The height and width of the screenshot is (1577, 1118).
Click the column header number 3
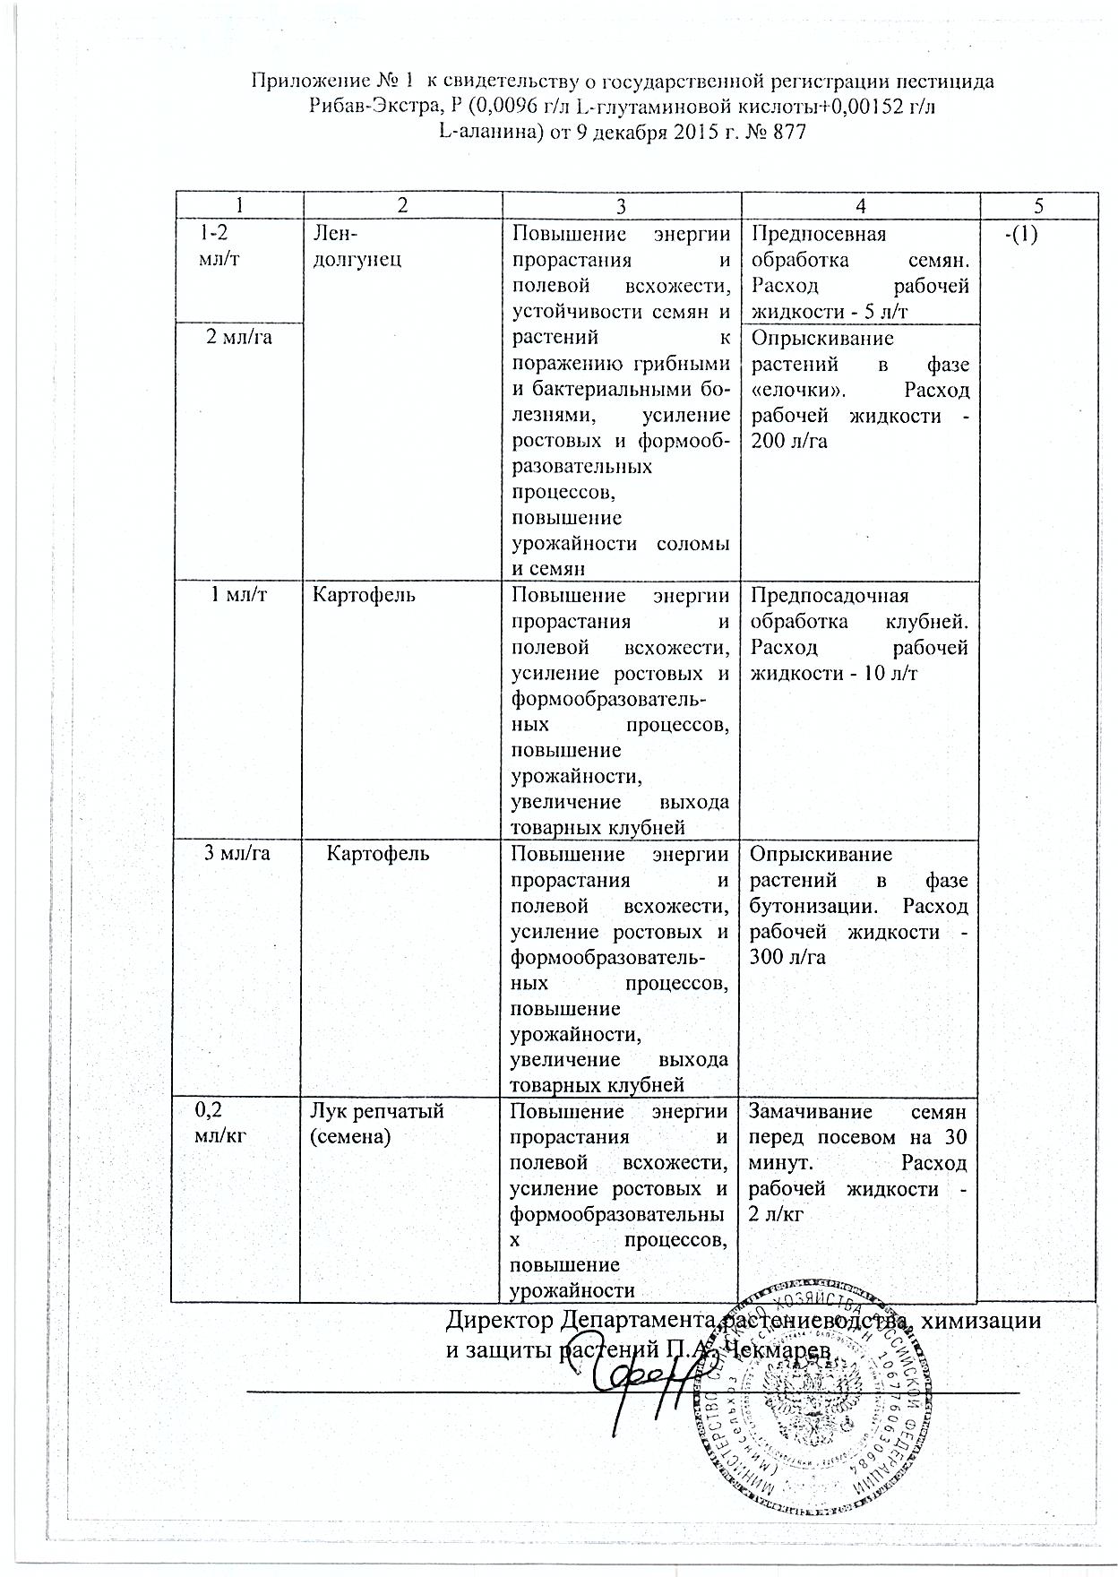tap(618, 205)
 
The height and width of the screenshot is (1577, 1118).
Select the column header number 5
tap(1038, 205)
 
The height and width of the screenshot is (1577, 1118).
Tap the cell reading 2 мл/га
tap(239, 338)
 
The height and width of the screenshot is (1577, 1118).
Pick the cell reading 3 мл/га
tap(238, 853)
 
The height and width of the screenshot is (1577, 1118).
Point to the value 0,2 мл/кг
tap(219, 1123)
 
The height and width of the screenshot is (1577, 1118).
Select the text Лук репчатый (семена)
tap(376, 1124)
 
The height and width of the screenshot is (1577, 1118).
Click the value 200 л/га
tap(789, 441)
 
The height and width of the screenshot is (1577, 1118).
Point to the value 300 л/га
tap(788, 957)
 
